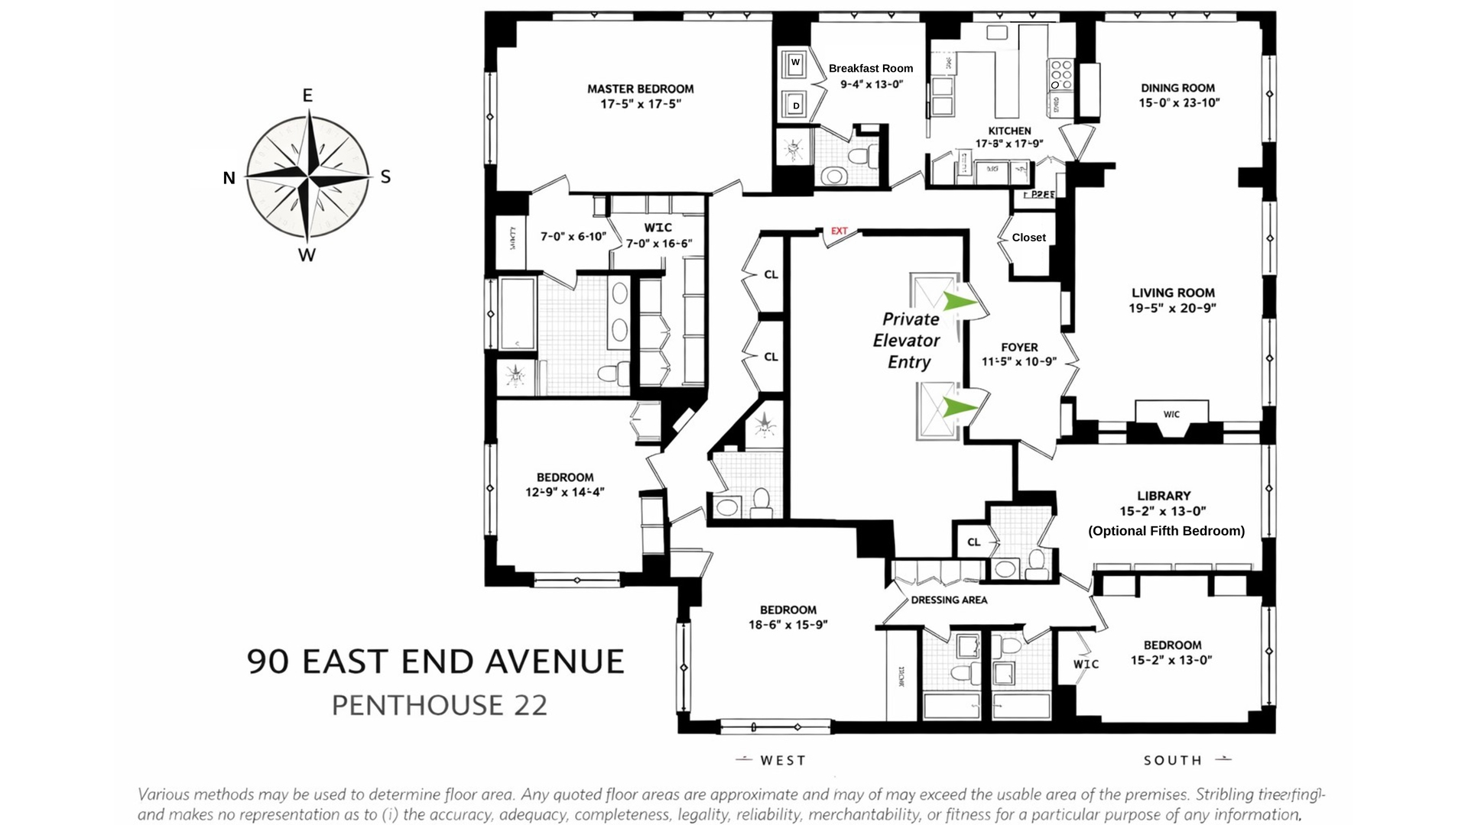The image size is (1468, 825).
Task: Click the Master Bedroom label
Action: [640, 89]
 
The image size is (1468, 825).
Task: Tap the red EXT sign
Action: [839, 231]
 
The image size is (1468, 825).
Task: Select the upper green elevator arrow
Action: [959, 302]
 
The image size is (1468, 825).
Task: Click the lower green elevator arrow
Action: [959, 407]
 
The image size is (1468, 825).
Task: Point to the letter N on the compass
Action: [229, 178]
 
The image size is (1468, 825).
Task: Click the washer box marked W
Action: [795, 63]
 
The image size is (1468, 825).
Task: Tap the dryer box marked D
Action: [795, 105]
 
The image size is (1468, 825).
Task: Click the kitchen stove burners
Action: [1061, 75]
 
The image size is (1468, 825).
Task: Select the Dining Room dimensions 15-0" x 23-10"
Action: [1178, 102]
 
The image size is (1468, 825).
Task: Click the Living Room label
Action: [1173, 293]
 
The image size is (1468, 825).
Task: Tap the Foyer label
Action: [1019, 347]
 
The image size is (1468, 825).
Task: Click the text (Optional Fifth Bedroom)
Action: [1166, 531]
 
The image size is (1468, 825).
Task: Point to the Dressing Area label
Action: [949, 600]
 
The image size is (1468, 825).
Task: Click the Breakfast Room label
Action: [871, 68]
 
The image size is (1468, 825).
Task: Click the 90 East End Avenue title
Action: [436, 662]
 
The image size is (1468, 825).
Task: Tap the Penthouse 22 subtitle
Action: [439, 705]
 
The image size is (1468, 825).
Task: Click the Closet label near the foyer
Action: [1028, 238]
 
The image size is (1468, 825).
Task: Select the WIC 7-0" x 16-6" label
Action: [658, 235]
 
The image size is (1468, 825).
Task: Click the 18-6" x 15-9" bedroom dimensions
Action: [788, 624]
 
